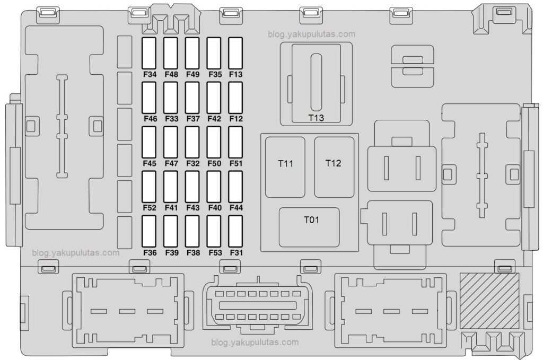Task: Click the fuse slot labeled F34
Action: pos(150,54)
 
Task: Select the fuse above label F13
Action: pos(235,54)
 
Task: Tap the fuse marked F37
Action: pos(192,98)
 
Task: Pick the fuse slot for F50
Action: pos(214,142)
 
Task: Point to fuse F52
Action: pos(150,187)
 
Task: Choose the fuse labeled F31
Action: pos(235,231)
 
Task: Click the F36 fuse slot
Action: pos(150,231)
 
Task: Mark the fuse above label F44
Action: pos(235,187)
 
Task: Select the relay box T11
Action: pos(285,166)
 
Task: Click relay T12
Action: pos(334,166)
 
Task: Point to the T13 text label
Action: pos(316,118)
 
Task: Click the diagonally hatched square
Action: pos(489,300)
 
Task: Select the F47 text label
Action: pos(171,163)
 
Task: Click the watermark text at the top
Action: pos(312,34)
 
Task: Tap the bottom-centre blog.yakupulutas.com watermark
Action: pos(255,343)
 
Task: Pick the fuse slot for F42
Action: pos(214,98)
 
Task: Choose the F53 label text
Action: pos(214,252)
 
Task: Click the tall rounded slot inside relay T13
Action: pos(316,82)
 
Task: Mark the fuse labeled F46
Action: pos(150,98)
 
